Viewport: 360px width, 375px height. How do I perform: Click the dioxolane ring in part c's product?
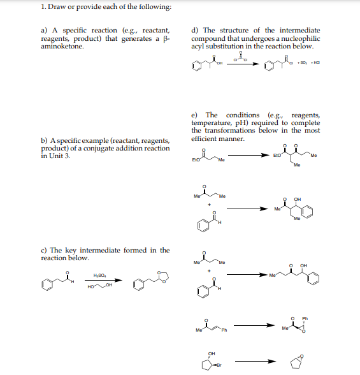point(163,276)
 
